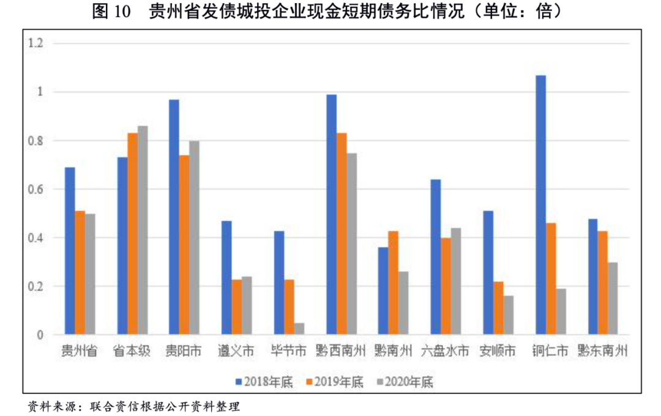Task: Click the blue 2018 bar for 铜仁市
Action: click(x=540, y=205)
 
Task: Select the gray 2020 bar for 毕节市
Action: click(x=299, y=329)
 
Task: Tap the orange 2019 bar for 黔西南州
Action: click(x=342, y=234)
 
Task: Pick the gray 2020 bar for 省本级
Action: click(x=143, y=230)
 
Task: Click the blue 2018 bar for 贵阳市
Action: click(x=174, y=217)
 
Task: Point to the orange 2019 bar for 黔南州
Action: click(x=394, y=283)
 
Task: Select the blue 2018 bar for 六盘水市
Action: click(x=436, y=257)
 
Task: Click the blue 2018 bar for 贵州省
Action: click(x=70, y=251)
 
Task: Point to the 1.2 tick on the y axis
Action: click(x=37, y=43)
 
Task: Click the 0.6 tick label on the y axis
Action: click(x=37, y=189)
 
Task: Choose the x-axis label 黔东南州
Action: click(x=603, y=352)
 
